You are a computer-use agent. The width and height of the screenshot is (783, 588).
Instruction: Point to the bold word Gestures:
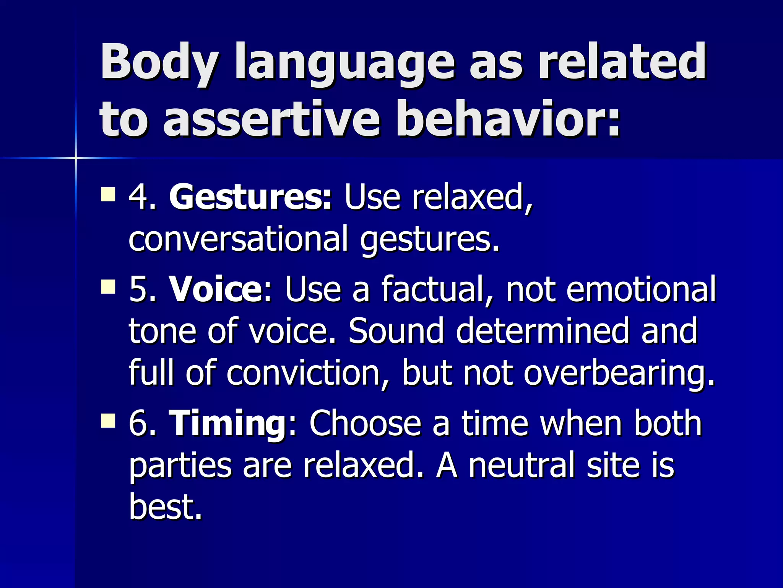click(x=250, y=198)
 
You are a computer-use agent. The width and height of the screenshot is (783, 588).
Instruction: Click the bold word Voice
click(x=216, y=290)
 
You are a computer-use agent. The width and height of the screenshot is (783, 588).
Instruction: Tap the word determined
click(x=543, y=331)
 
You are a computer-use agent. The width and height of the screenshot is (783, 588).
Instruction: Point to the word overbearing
click(x=617, y=373)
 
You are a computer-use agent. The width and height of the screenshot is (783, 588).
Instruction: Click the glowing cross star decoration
click(x=76, y=158)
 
